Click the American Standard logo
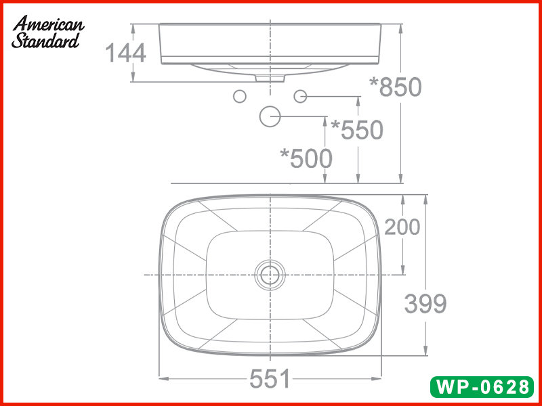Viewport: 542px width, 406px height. pos(48,32)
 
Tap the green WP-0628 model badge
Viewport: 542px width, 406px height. pos(482,386)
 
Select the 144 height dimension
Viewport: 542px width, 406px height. pos(125,53)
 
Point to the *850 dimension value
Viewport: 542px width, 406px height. pos(396,87)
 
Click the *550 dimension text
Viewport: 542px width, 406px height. pos(357,130)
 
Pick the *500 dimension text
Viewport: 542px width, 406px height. pos(306,158)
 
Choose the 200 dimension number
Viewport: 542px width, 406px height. pos(402,227)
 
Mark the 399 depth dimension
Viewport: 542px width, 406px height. pos(425,304)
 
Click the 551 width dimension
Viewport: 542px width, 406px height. pos(270,379)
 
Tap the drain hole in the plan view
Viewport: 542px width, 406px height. pos(270,275)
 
